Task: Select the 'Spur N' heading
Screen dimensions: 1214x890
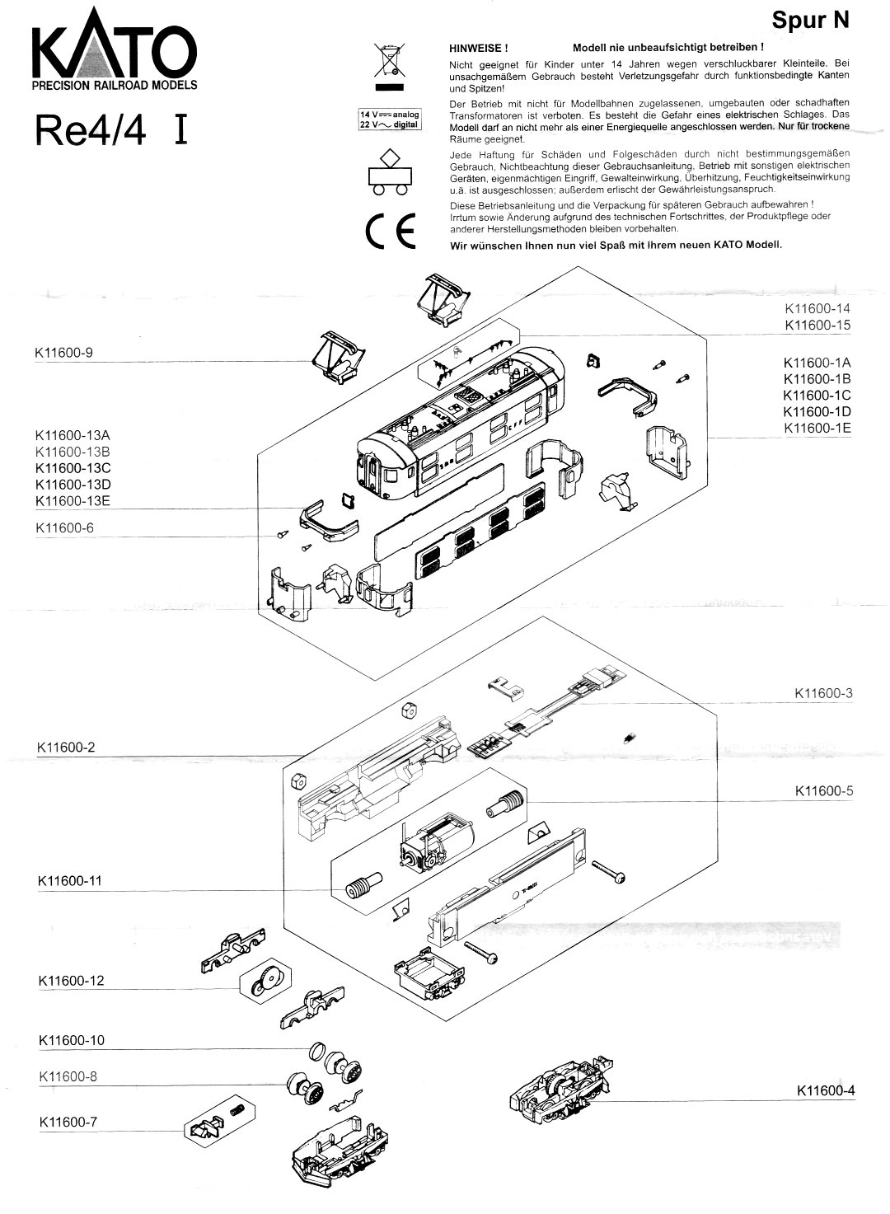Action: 810,21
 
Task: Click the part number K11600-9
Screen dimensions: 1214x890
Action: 64,353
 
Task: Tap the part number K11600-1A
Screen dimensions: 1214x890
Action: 817,363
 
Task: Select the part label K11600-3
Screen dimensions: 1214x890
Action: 823,693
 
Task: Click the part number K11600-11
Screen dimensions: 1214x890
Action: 70,881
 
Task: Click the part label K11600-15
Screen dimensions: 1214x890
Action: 817,326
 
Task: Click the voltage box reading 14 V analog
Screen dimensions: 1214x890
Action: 389,115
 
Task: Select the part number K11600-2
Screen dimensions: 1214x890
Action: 66,748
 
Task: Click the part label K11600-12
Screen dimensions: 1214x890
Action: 71,981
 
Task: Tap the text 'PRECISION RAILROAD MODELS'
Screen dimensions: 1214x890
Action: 114,85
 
